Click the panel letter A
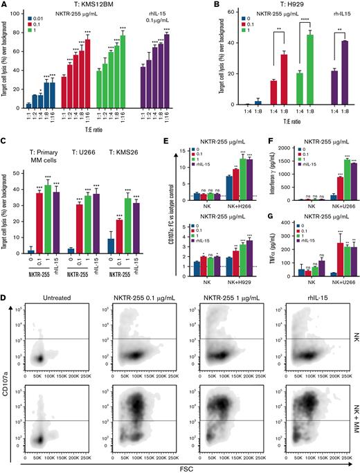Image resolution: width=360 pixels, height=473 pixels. click(x=5, y=6)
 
